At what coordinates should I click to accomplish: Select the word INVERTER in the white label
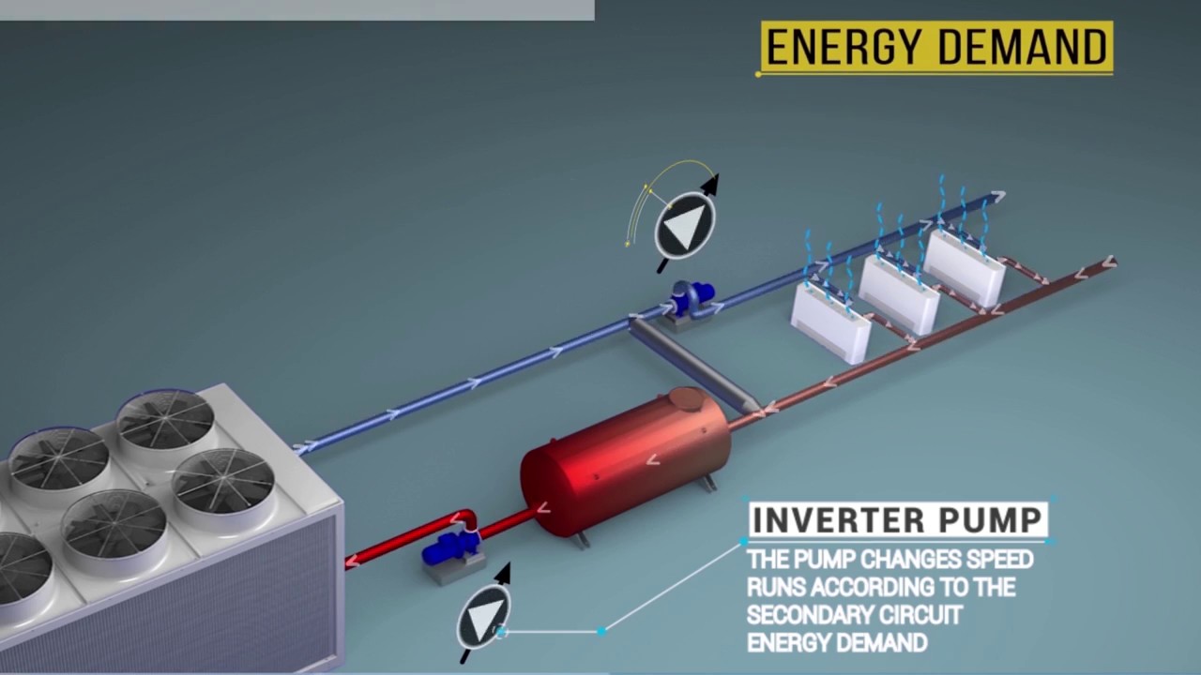(838, 519)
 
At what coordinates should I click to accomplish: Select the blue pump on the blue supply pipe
(692, 297)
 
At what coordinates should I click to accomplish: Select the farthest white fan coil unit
(965, 266)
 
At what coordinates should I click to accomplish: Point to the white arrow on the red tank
(653, 459)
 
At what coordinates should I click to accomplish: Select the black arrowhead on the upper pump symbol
(709, 184)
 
